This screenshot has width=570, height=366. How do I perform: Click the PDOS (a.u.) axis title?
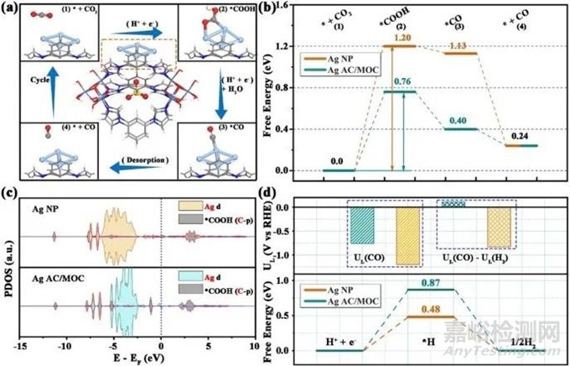tap(8, 262)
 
